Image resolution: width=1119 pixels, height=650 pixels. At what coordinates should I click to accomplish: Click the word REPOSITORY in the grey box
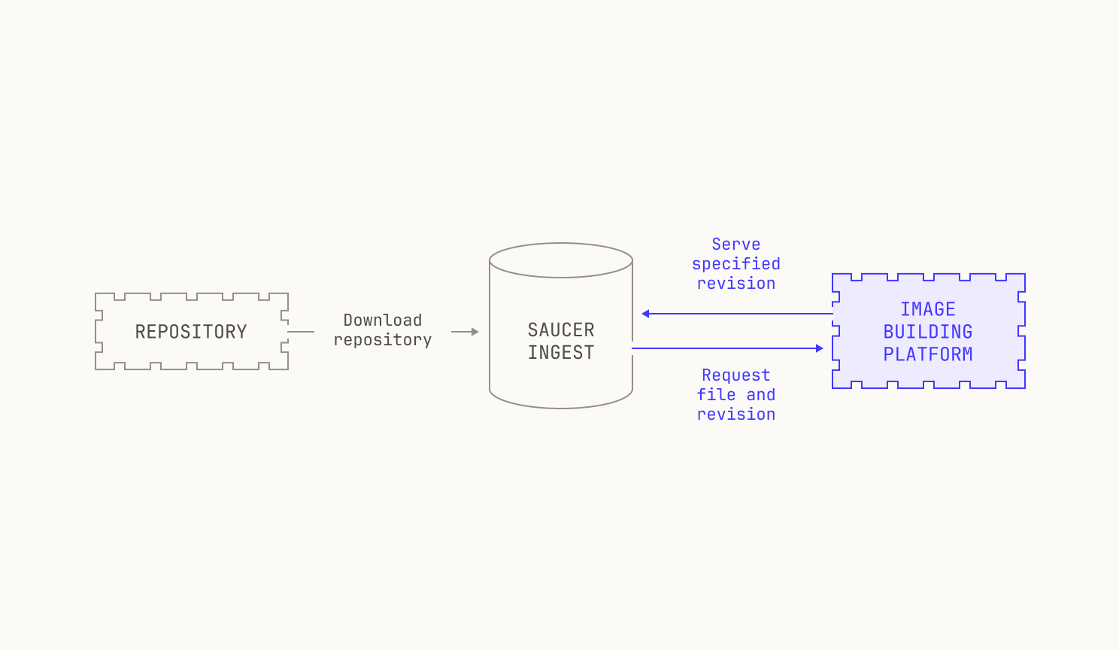(191, 332)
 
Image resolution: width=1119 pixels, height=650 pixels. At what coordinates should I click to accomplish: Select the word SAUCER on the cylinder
(561, 330)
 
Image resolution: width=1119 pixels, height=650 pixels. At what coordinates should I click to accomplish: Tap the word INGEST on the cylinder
(561, 353)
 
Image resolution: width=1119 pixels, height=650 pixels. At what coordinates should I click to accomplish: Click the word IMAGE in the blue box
(928, 309)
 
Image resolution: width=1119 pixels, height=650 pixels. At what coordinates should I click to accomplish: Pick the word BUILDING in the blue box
(928, 332)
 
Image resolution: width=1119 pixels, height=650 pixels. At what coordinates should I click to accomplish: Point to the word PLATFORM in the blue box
(928, 354)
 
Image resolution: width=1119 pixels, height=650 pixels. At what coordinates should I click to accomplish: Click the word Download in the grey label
(383, 320)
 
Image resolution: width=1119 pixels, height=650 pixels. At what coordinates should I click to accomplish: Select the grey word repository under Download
(383, 340)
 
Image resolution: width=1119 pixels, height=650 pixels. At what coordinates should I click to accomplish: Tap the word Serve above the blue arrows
(735, 245)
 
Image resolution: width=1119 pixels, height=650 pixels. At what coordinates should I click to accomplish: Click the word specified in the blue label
(735, 264)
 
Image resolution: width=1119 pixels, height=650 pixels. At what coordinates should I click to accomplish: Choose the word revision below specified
(735, 284)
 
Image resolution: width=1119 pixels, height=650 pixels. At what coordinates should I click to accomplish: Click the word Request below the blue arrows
(735, 375)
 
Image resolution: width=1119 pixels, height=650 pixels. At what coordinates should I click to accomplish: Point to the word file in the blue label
(717, 395)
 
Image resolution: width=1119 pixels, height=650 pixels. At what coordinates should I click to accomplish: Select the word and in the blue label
(761, 395)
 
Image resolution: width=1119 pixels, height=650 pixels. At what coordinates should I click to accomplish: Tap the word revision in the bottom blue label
(735, 415)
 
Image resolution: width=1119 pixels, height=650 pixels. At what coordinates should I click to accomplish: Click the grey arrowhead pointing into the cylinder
(475, 332)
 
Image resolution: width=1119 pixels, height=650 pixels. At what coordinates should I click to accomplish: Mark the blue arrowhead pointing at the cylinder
(645, 314)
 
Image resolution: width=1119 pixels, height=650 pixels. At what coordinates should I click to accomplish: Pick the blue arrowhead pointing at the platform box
(819, 348)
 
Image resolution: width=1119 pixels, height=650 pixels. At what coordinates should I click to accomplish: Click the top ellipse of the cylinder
(561, 243)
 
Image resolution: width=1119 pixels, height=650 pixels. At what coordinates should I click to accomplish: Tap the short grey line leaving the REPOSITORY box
(301, 332)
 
